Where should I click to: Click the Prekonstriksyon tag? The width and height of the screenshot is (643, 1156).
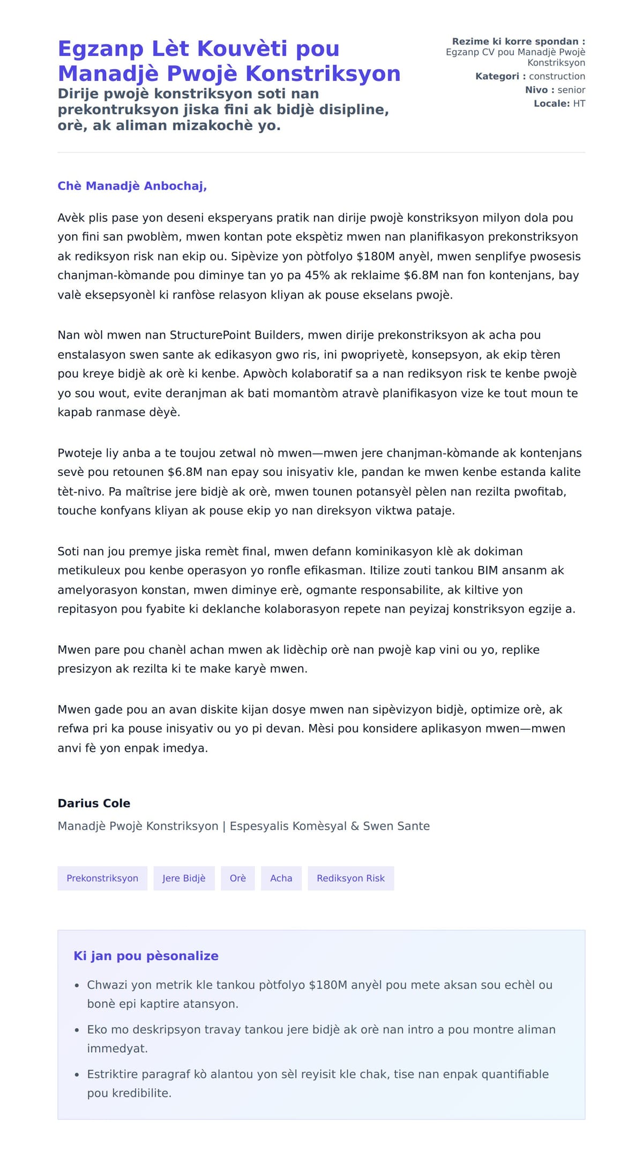(x=102, y=878)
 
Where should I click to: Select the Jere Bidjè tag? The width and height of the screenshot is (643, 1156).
(x=184, y=878)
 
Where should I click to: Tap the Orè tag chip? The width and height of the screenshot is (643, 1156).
(x=238, y=878)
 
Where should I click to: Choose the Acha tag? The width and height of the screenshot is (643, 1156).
(x=281, y=878)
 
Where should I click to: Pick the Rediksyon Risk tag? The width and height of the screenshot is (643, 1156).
(x=350, y=878)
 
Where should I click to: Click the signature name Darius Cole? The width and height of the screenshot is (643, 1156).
(x=94, y=803)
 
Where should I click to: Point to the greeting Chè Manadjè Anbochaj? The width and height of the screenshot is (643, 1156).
(x=132, y=186)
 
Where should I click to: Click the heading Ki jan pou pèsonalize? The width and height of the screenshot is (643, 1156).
(x=146, y=956)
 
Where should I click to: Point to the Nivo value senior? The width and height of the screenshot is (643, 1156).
(x=571, y=90)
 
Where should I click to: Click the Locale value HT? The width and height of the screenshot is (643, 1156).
(x=579, y=103)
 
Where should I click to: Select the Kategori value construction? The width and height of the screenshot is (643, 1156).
(x=557, y=77)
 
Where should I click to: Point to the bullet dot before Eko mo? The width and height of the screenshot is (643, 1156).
(x=77, y=1031)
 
